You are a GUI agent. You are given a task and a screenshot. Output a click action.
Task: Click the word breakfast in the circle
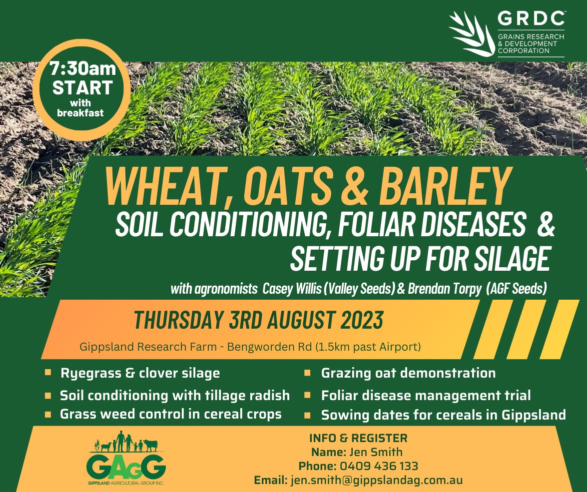[80, 113]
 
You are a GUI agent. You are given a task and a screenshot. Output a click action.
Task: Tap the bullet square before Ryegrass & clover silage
[48, 373]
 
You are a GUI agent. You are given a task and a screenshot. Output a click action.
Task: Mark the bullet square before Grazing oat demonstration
[308, 373]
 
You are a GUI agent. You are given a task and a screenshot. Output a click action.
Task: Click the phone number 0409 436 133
[379, 467]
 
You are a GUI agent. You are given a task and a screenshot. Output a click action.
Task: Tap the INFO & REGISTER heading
[358, 439]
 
